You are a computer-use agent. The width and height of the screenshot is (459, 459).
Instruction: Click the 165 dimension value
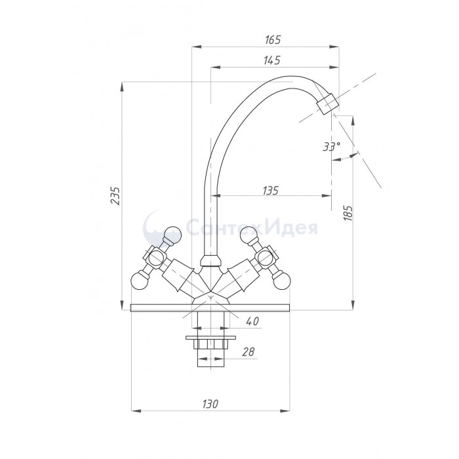(273, 39)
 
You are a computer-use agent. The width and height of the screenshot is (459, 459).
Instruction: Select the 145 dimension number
(272, 60)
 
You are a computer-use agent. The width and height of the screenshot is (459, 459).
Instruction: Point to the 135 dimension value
(270, 191)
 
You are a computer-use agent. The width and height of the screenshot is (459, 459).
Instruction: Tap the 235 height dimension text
(115, 195)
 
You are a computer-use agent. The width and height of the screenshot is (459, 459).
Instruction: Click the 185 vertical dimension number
(348, 213)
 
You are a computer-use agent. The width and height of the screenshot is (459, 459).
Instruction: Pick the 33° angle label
(332, 146)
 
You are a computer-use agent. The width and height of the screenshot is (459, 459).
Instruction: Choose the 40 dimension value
(252, 321)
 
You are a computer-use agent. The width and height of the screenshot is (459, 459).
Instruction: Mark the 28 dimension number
(249, 351)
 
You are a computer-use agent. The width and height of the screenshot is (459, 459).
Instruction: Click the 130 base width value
(210, 404)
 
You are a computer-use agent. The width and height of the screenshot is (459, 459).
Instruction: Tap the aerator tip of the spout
(328, 104)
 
